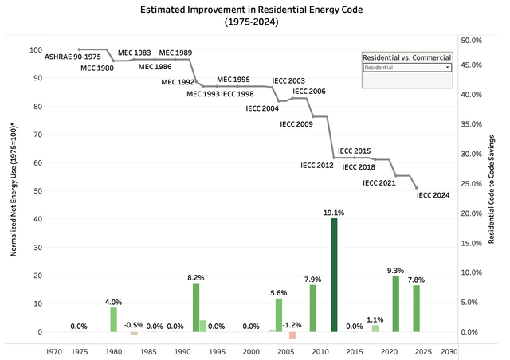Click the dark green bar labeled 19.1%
[334, 275]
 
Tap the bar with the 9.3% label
[396, 303]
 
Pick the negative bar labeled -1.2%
[292, 335]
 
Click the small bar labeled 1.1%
[375, 328]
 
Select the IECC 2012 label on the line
[316, 166]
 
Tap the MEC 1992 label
[176, 81]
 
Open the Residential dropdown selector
[406, 68]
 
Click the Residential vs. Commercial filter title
[406, 58]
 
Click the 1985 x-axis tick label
[147, 351]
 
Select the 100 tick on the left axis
[36, 49]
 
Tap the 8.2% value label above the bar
[196, 277]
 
